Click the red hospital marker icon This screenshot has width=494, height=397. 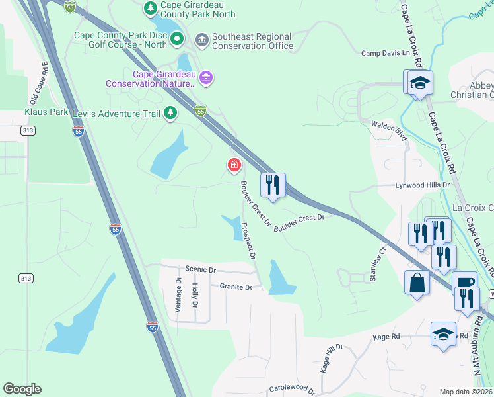click(234, 165)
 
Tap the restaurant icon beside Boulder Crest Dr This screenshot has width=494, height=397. click(273, 184)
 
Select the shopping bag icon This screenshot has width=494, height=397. click(417, 283)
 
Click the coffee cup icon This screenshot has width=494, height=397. click(464, 283)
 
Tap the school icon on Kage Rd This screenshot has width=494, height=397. click(443, 333)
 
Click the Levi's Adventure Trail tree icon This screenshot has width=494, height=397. click(170, 114)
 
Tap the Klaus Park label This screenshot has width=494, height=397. click(46, 112)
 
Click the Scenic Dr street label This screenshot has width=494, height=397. click(201, 270)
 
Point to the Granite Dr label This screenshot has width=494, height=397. click(236, 287)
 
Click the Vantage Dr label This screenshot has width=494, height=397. click(178, 296)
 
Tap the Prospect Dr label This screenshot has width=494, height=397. click(248, 240)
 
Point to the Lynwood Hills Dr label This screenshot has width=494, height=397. click(422, 186)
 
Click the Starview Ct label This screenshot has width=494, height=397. click(378, 265)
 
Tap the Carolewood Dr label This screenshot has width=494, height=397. click(295, 388)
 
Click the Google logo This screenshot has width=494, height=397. click(22, 389)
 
